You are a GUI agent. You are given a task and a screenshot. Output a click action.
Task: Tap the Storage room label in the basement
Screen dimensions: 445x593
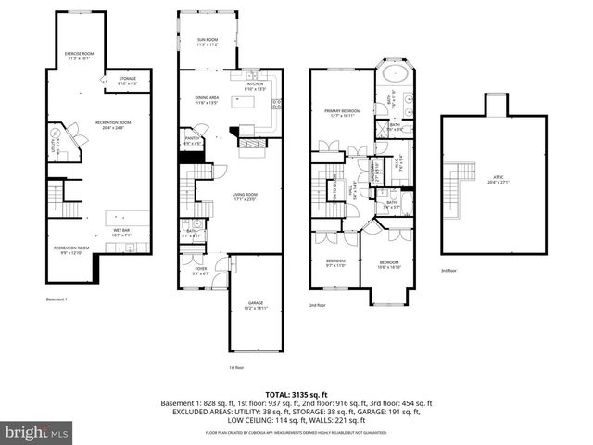pyautogui.click(x=127, y=81)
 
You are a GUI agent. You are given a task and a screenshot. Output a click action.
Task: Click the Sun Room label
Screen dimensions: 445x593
pyautogui.click(x=207, y=41)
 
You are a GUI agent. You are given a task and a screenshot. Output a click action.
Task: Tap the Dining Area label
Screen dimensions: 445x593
pyautogui.click(x=207, y=100)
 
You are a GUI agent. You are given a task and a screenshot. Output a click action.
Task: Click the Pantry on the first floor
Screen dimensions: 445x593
pyautogui.click(x=193, y=142)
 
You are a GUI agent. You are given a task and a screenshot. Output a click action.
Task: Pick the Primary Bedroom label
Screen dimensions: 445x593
pyautogui.click(x=341, y=113)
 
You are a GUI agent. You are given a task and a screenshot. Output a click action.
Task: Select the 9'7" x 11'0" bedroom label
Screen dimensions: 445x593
pyautogui.click(x=334, y=262)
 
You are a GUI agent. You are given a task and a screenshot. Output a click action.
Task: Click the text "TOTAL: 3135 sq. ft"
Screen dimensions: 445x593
pyautogui.click(x=296, y=394)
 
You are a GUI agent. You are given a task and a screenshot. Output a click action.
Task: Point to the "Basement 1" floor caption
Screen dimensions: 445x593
pyautogui.click(x=57, y=299)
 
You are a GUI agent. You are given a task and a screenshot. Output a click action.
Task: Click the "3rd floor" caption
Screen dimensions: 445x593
pyautogui.click(x=450, y=270)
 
